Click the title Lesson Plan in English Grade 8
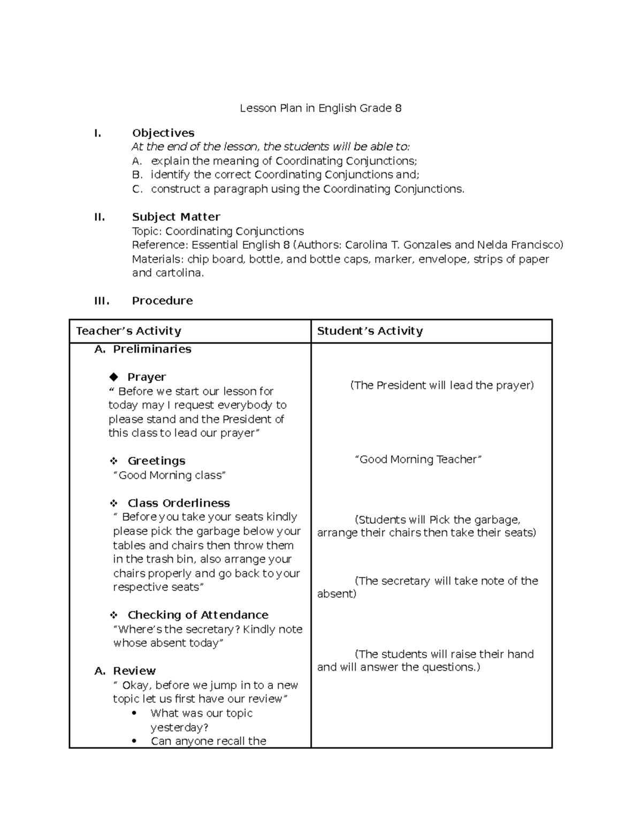tap(320, 108)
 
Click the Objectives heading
tap(163, 133)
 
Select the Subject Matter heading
tap(176, 217)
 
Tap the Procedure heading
tap(162, 301)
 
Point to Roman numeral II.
tap(99, 217)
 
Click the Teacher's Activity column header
tap(128, 331)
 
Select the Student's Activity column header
tap(370, 331)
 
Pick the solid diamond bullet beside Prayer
tap(113, 377)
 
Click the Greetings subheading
tap(156, 461)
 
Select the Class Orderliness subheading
tap(179, 503)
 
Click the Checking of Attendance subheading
tap(197, 615)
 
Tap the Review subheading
tap(134, 671)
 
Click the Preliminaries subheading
tap(152, 349)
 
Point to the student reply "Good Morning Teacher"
tap(418, 459)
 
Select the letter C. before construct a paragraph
tap(137, 189)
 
